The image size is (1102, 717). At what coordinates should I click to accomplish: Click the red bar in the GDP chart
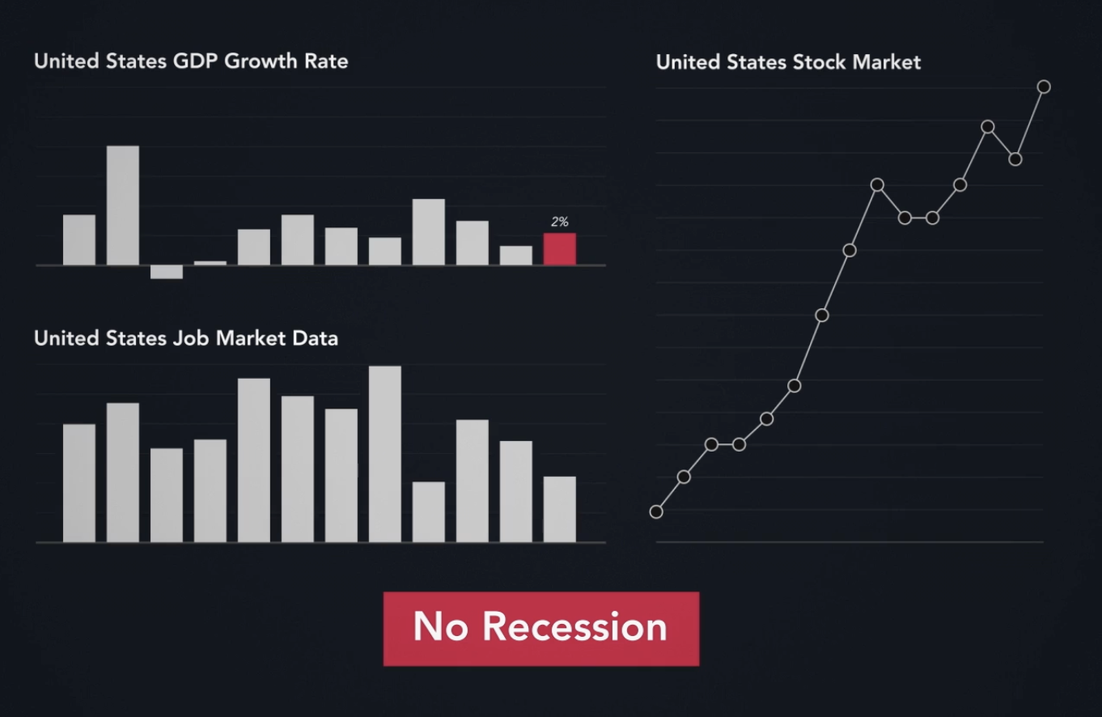[559, 249]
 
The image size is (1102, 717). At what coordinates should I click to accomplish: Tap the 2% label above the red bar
[560, 222]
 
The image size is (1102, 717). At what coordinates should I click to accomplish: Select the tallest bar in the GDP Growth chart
[123, 206]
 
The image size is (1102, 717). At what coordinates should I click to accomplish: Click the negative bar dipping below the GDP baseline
[167, 272]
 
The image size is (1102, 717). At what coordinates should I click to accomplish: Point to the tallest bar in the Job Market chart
[385, 454]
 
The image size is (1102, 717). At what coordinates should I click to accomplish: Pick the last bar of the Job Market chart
[559, 509]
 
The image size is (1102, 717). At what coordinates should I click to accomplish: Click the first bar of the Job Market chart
[79, 483]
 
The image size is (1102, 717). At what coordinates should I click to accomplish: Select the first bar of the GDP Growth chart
[79, 240]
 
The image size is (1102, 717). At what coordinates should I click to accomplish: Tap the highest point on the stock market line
[1044, 87]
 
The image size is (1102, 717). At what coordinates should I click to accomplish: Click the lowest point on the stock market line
[656, 511]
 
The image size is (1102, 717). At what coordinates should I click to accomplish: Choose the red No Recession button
[540, 629]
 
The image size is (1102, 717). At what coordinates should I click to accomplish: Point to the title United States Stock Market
[788, 62]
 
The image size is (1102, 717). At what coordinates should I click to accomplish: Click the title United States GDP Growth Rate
[191, 61]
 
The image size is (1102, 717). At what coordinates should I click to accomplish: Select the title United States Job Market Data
[186, 337]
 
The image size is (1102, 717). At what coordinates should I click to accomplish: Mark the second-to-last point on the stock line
[1016, 159]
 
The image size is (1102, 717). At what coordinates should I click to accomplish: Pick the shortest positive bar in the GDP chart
[210, 263]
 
